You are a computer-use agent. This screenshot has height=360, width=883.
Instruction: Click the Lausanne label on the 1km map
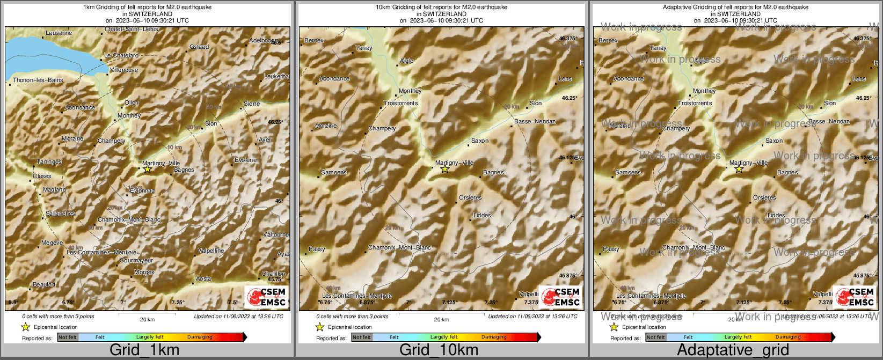click(59, 33)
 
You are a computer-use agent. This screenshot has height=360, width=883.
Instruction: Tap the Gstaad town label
click(199, 47)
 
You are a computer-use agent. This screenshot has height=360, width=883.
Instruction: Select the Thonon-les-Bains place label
click(38, 80)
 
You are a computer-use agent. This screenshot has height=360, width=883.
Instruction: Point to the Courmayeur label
click(136, 261)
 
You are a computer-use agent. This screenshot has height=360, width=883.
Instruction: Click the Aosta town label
click(203, 279)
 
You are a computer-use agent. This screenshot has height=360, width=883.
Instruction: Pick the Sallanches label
click(60, 214)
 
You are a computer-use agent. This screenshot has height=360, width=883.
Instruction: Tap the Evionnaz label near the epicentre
click(142, 191)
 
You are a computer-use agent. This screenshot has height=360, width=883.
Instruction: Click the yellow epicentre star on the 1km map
click(148, 170)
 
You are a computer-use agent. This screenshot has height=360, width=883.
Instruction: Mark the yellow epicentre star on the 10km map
click(444, 170)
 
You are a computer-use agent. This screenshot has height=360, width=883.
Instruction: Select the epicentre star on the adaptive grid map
click(739, 170)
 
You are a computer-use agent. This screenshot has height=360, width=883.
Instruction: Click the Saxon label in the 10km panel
click(480, 141)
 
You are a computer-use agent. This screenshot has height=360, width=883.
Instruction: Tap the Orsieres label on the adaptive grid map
click(764, 198)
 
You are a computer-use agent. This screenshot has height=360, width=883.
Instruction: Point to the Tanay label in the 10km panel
click(364, 48)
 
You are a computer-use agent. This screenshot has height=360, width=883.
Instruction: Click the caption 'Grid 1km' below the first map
click(144, 350)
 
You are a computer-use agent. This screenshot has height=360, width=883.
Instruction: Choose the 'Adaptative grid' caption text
click(733, 350)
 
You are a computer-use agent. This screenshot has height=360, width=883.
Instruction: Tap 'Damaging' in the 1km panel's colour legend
click(200, 337)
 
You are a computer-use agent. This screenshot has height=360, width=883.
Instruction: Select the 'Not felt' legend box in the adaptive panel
click(655, 337)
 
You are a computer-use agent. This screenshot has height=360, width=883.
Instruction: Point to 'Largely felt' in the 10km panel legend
click(444, 337)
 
